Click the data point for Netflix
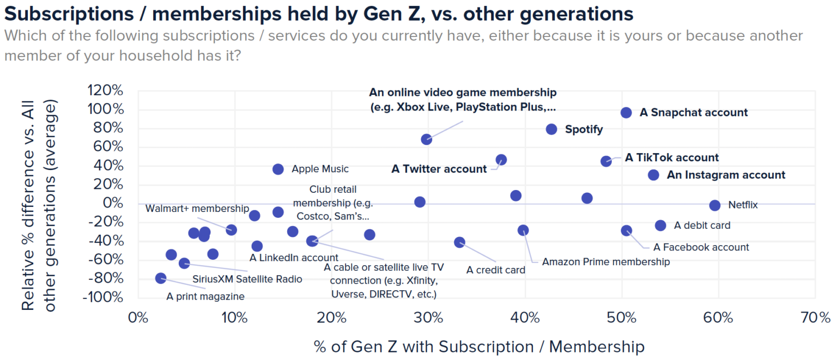(x=715, y=205)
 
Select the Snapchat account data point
(x=626, y=113)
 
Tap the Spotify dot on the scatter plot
(x=551, y=129)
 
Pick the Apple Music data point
(x=278, y=169)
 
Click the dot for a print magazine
(x=161, y=278)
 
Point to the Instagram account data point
(x=654, y=175)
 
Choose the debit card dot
(x=660, y=225)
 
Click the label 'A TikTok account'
(x=671, y=158)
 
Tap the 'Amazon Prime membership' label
(x=605, y=262)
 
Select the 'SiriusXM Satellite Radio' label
(x=247, y=279)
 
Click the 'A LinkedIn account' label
(x=294, y=258)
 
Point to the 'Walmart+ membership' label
(x=197, y=209)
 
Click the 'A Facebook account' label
(x=701, y=247)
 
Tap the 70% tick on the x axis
(x=815, y=318)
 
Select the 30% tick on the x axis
(x=428, y=318)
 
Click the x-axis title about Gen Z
(x=479, y=347)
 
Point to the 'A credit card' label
(x=496, y=270)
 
